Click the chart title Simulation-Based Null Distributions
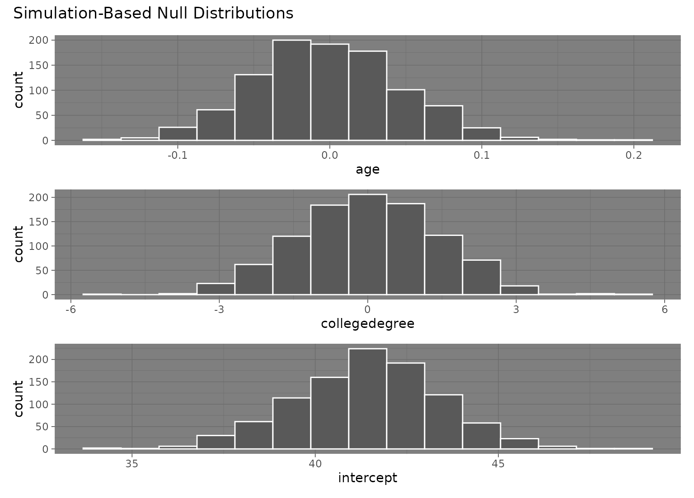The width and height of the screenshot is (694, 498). (x=153, y=14)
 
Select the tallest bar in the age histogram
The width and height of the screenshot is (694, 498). (x=291, y=90)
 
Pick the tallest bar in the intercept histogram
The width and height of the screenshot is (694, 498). (x=367, y=399)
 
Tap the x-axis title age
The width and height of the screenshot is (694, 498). (x=367, y=170)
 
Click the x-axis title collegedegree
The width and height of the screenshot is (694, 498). (x=367, y=324)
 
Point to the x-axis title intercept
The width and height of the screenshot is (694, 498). (x=367, y=478)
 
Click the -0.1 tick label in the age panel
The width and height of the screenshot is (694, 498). (x=177, y=155)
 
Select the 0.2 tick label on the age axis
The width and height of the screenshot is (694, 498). (x=633, y=155)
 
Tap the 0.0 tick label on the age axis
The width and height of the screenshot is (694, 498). (x=329, y=155)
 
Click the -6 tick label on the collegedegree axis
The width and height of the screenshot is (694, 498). (x=70, y=309)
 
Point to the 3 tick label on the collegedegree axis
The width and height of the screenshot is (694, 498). (x=516, y=309)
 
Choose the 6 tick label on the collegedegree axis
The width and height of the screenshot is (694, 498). (x=664, y=309)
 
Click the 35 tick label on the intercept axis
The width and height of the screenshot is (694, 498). (x=132, y=464)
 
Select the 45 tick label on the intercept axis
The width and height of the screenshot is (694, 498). (x=498, y=464)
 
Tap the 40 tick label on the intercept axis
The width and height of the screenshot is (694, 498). (x=315, y=464)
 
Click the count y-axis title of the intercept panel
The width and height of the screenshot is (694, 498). (x=19, y=399)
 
